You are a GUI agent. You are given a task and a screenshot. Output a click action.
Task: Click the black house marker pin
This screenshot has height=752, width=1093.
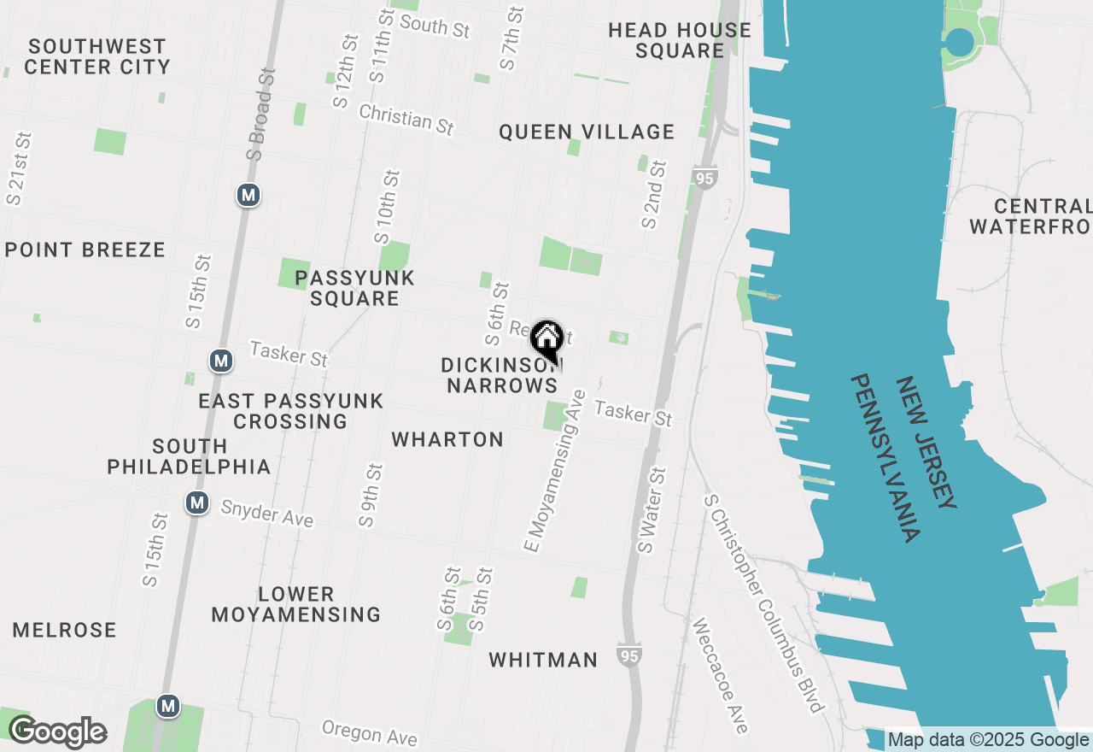(546, 340)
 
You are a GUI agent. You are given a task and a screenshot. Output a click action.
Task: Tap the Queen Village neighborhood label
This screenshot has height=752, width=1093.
(587, 132)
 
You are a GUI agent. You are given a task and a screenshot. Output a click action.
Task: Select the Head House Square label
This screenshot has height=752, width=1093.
(680, 40)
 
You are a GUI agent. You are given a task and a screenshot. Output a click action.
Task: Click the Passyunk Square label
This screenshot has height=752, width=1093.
(354, 288)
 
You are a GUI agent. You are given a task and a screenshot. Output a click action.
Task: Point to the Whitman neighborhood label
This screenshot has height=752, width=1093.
(543, 660)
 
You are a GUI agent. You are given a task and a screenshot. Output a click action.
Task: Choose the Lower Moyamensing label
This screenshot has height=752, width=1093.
(295, 604)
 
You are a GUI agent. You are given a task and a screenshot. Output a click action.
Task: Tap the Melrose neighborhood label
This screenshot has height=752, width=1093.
(65, 631)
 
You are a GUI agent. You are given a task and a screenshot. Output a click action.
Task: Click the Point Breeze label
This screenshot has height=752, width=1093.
(85, 250)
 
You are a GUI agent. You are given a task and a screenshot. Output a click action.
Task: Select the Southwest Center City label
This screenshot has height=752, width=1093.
(97, 56)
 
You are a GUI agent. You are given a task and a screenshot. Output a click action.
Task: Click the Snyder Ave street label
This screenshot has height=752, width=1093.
(266, 514)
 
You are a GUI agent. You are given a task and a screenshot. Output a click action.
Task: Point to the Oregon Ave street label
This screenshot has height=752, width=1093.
(370, 732)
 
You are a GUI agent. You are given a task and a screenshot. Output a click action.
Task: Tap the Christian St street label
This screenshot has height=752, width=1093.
(406, 119)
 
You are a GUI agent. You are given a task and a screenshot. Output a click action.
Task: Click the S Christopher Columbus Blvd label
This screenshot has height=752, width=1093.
(763, 602)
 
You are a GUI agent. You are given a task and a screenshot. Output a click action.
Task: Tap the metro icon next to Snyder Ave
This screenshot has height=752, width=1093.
(197, 502)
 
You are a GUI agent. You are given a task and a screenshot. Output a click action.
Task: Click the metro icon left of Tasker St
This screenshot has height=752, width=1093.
(221, 361)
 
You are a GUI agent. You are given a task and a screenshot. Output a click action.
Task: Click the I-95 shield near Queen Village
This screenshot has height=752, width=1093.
(704, 179)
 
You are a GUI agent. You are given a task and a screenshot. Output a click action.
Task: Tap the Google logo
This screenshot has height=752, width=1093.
(57, 732)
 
